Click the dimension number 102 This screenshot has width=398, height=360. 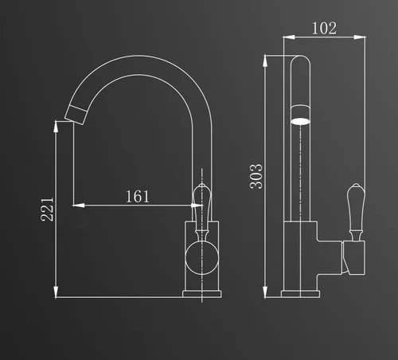(x=324, y=29)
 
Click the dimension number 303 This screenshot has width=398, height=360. (x=256, y=177)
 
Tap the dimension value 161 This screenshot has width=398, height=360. (x=138, y=197)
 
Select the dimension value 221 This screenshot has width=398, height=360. (x=47, y=209)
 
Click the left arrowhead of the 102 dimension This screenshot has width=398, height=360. (x=289, y=37)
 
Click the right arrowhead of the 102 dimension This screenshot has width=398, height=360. (x=360, y=37)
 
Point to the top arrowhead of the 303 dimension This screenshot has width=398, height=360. (x=265, y=61)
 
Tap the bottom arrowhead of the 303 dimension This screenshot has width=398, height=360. (x=265, y=292)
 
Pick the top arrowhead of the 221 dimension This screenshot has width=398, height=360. (x=56, y=127)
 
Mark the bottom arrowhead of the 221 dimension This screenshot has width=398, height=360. (x=56, y=292)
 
